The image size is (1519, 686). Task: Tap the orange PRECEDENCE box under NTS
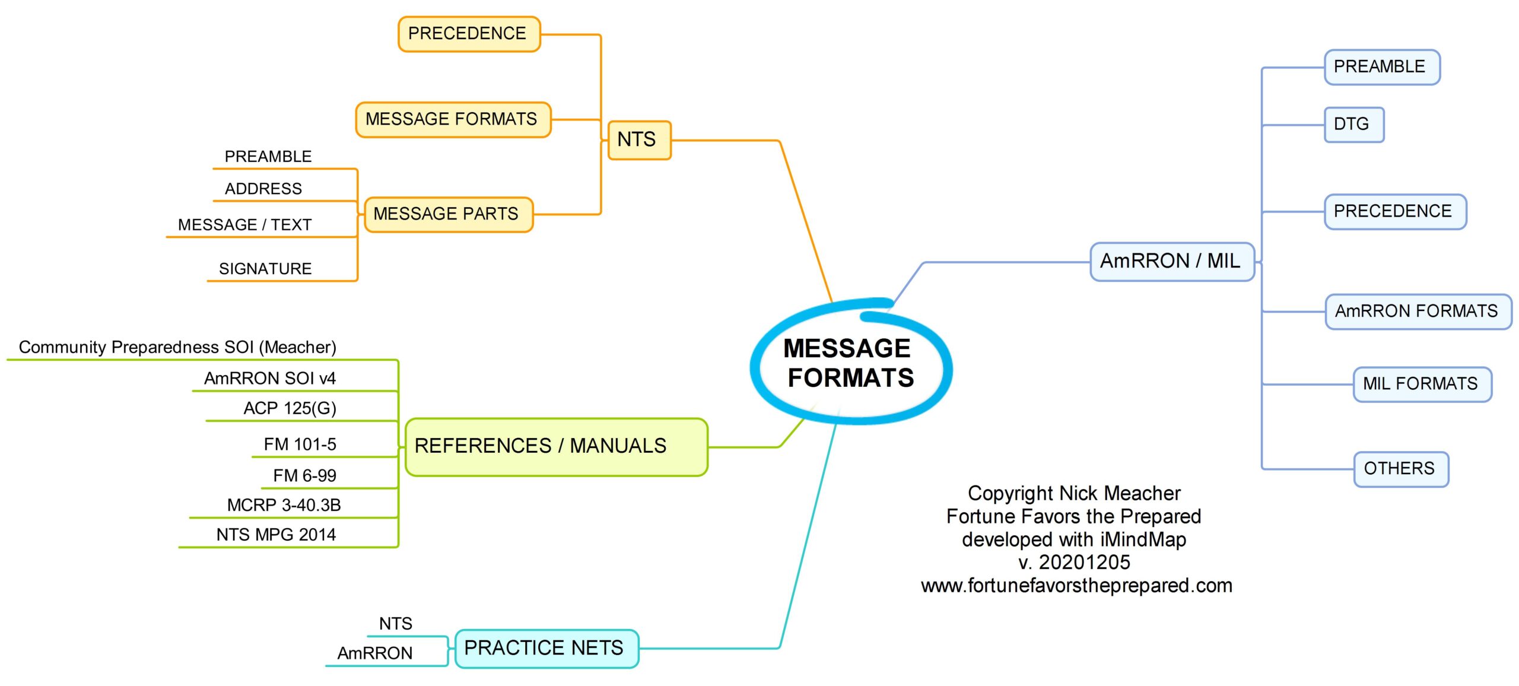(469, 34)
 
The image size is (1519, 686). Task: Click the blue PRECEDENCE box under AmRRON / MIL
(1395, 211)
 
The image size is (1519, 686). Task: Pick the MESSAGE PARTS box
(448, 214)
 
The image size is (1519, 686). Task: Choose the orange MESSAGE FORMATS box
(453, 119)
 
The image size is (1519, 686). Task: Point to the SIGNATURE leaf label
(265, 269)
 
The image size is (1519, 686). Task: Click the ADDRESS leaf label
(263, 189)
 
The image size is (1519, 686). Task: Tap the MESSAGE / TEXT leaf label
(244, 225)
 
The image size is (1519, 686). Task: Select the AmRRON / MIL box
(1172, 261)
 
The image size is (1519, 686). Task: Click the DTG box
(1354, 125)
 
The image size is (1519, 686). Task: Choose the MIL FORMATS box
(1422, 385)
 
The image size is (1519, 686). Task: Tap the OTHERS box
(1401, 469)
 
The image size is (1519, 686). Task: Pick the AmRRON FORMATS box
(1418, 312)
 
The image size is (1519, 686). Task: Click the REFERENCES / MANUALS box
(556, 447)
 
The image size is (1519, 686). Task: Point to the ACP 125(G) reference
(290, 408)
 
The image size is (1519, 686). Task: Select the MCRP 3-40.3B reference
(284, 505)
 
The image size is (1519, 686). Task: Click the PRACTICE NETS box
(546, 649)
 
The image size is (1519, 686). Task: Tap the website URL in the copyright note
(1076, 586)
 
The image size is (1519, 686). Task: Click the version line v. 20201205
(1074, 562)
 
